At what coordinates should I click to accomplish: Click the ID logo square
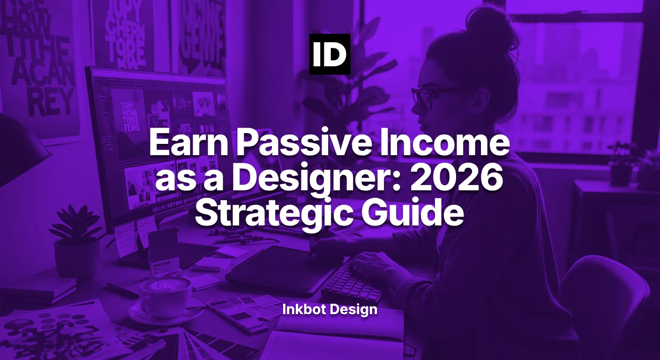tap(330, 54)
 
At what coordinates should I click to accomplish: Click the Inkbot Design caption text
tap(330, 309)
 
